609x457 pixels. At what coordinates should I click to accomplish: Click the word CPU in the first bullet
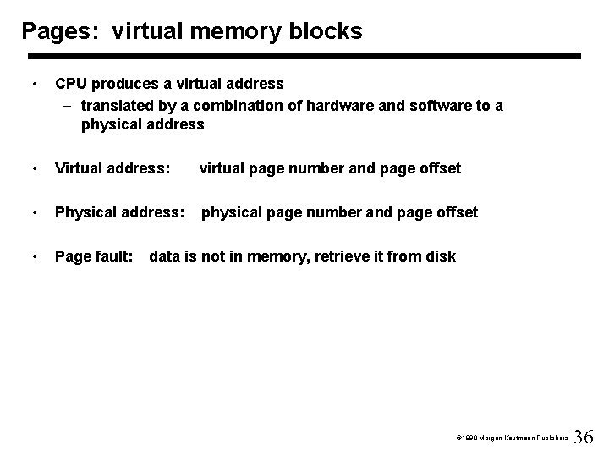[x=71, y=84]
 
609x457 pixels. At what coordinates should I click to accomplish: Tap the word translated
[x=117, y=105]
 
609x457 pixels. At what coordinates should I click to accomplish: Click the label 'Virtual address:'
[x=112, y=168]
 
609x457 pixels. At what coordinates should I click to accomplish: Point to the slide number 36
[x=584, y=437]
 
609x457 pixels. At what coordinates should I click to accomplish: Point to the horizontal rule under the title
[x=304, y=57]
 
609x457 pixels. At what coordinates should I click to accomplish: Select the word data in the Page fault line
[x=165, y=256]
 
